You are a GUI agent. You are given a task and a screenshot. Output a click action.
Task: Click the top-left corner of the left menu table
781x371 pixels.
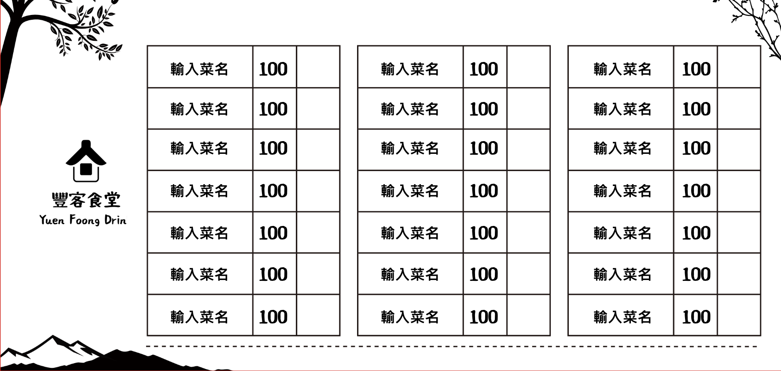pos(147,46)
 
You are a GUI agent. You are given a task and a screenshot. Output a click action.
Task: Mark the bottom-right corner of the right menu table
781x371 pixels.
pos(760,335)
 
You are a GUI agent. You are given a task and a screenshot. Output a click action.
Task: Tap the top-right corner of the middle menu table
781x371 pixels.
pos(550,46)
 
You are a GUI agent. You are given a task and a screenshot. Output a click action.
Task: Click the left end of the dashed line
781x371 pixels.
pos(147,346)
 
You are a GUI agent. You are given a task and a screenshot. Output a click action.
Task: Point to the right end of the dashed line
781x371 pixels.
pos(757,346)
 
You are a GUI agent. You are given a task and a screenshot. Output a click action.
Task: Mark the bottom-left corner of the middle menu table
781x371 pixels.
pos(358,335)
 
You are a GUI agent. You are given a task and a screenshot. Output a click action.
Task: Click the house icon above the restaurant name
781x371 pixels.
pos(86,161)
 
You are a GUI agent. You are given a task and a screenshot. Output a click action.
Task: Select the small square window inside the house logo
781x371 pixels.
pos(86,169)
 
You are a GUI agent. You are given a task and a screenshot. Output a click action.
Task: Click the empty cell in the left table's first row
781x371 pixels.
pos(318,67)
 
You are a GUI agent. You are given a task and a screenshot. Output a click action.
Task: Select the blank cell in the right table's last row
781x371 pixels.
pos(739,315)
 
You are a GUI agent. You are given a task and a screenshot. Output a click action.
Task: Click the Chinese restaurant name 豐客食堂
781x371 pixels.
pos(86,200)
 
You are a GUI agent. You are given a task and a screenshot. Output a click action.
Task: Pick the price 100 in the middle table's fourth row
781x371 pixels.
pos(483,191)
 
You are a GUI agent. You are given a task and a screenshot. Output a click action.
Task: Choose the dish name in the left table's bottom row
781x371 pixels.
pos(199,317)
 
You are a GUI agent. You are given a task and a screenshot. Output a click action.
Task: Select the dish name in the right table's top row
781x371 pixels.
pos(623,69)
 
